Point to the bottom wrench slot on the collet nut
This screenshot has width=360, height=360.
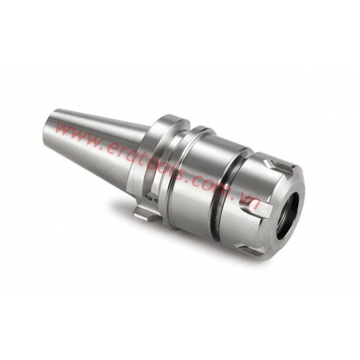[x=252, y=249]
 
